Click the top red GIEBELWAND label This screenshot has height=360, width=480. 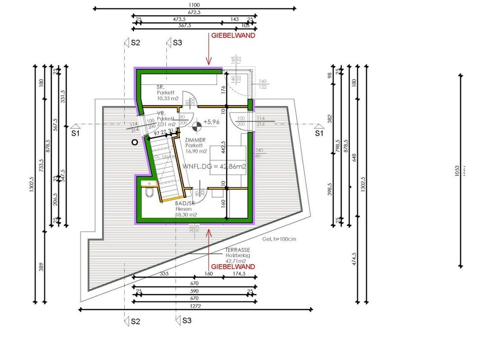tap(233, 35)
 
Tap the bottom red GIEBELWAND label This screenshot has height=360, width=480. tap(233, 266)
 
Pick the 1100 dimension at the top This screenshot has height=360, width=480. tap(195, 4)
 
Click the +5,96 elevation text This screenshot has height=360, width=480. tap(211, 122)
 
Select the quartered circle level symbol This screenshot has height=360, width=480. tap(195, 125)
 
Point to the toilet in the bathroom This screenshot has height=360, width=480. tap(148, 193)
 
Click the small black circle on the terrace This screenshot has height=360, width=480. tap(135, 141)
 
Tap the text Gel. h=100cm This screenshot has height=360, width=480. tap(279, 239)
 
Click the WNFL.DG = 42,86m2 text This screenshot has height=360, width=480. tap(215, 166)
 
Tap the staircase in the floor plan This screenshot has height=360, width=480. tap(166, 169)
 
